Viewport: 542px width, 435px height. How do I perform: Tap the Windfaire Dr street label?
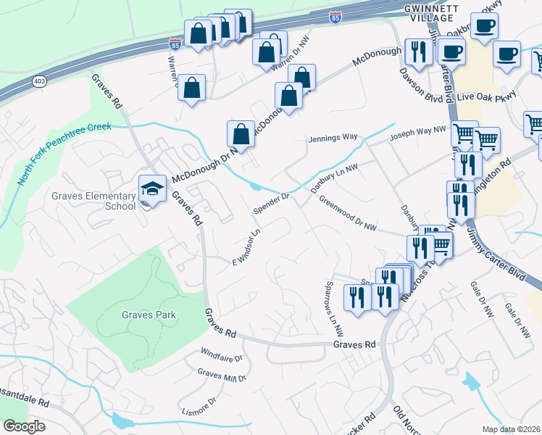(x=221, y=355)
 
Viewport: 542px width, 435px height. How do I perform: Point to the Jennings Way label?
(x=333, y=137)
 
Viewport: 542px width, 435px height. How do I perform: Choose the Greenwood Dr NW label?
(x=348, y=216)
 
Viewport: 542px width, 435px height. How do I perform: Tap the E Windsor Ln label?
(x=246, y=248)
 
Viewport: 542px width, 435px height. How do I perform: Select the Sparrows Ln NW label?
(x=333, y=308)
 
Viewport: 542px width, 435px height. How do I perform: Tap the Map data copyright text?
(x=512, y=429)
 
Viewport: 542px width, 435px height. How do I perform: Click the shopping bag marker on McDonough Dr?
(x=241, y=135)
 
